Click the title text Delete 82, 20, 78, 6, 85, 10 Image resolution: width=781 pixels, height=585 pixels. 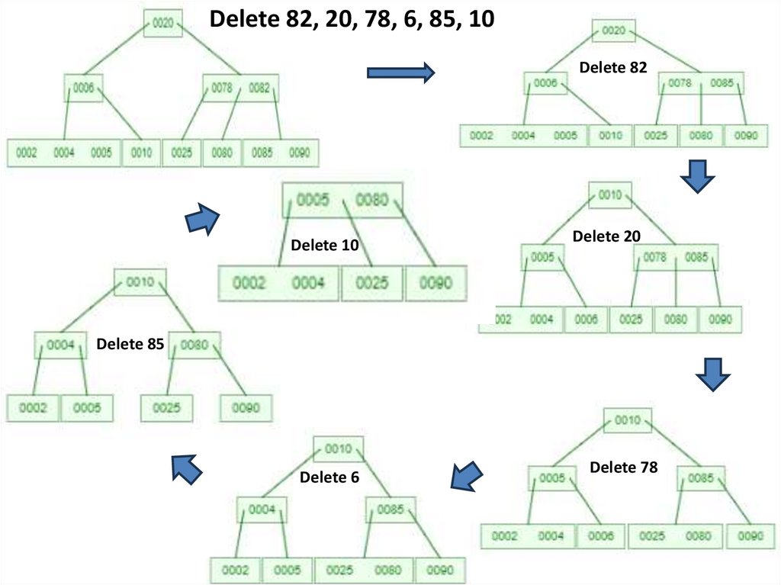pyautogui.click(x=352, y=19)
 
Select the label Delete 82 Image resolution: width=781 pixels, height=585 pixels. pyautogui.click(x=612, y=67)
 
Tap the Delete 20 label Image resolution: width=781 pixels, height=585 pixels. pyautogui.click(x=606, y=236)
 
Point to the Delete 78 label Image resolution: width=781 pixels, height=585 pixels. pyautogui.click(x=623, y=467)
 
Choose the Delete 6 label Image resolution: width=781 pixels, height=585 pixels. pyautogui.click(x=329, y=477)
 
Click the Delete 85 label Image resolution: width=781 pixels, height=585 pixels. pyautogui.click(x=130, y=344)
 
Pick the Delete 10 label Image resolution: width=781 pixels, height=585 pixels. pyautogui.click(x=325, y=245)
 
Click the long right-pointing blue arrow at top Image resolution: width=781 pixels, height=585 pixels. pyautogui.click(x=400, y=72)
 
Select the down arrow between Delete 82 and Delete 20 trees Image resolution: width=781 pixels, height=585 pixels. pyautogui.click(x=696, y=176)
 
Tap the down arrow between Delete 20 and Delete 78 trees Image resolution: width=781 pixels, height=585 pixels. pyautogui.click(x=713, y=374)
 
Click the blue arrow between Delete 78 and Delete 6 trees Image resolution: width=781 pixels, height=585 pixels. pyautogui.click(x=467, y=477)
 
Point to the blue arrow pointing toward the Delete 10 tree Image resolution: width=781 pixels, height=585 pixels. pyautogui.click(x=202, y=219)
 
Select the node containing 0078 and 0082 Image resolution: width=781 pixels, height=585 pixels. pyautogui.click(x=241, y=88)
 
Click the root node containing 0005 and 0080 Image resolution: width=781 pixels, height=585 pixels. pyautogui.click(x=342, y=201)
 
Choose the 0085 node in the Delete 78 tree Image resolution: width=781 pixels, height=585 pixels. pyautogui.click(x=700, y=478)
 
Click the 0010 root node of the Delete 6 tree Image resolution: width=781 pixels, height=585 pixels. pyautogui.click(x=338, y=448)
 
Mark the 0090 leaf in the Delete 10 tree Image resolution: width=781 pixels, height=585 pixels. pyautogui.click(x=435, y=283)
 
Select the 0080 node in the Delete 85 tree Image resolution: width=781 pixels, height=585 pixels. pyautogui.click(x=194, y=346)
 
